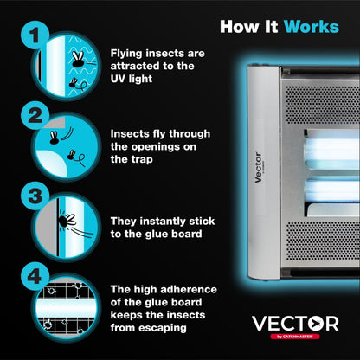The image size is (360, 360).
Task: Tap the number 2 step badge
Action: coord(33,114)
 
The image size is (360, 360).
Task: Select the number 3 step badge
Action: coord(33,195)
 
